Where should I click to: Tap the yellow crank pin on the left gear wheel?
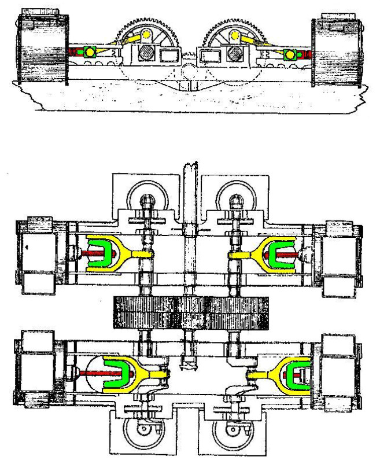pos(146,35)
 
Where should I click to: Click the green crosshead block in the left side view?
pos(90,53)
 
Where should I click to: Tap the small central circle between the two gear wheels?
pos(188,71)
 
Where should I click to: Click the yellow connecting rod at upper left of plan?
pos(136,253)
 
